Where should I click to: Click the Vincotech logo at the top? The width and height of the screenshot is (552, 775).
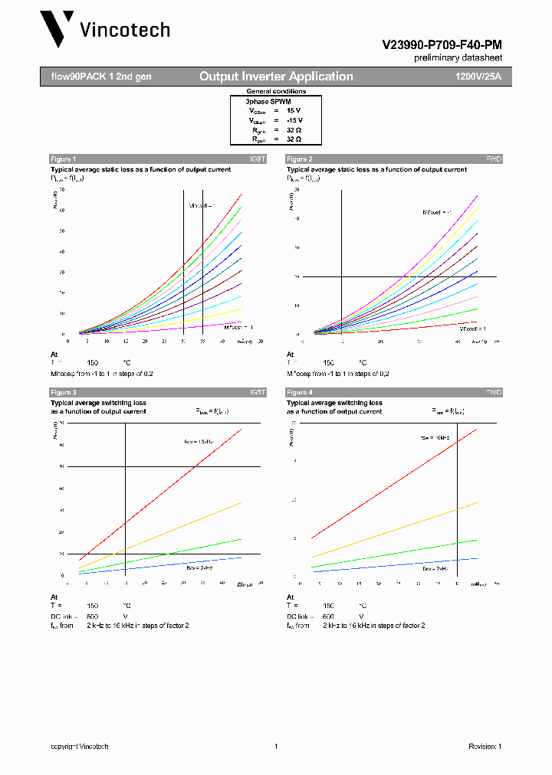pyautogui.click(x=105, y=30)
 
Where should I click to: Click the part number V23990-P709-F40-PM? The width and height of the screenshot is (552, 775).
pyautogui.click(x=442, y=45)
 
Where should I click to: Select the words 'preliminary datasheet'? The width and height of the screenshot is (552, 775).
pyautogui.click(x=458, y=57)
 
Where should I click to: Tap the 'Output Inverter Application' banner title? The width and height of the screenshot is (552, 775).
pyautogui.click(x=276, y=77)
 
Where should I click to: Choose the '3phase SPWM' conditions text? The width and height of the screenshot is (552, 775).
pyautogui.click(x=268, y=101)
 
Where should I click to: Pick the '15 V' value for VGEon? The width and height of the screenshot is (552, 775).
pyautogui.click(x=294, y=110)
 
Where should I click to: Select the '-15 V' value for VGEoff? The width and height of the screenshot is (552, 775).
pyautogui.click(x=294, y=120)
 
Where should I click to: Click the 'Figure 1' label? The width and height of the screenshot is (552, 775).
pyautogui.click(x=64, y=159)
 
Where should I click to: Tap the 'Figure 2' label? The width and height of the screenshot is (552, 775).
pyautogui.click(x=299, y=159)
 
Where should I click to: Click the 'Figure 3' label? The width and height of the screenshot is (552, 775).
pyautogui.click(x=64, y=392)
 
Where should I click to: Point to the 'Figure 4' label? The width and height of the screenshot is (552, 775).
pyautogui.click(x=299, y=392)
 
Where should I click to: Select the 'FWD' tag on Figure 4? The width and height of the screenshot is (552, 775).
pyautogui.click(x=494, y=392)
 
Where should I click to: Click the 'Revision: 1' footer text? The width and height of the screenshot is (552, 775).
pyautogui.click(x=485, y=747)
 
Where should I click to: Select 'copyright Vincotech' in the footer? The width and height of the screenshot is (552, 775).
pyautogui.click(x=80, y=747)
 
